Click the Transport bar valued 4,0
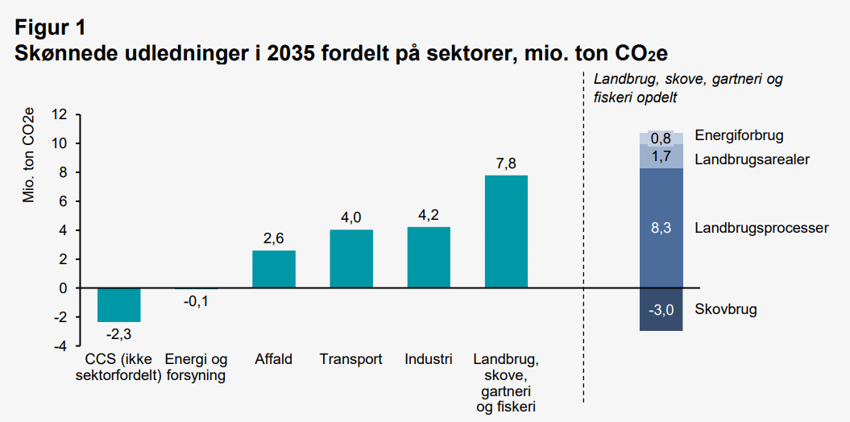tap(350, 259)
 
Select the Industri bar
tap(429, 257)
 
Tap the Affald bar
tap(274, 269)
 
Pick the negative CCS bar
tap(118, 304)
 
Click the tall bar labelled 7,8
tap(506, 231)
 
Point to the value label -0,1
tap(197, 301)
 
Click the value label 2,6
tap(274, 238)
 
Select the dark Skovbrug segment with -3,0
tap(661, 309)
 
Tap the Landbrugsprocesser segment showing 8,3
tap(661, 228)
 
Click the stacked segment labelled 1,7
tap(661, 156)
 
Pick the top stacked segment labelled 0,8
tap(661, 138)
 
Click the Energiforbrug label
tap(739, 136)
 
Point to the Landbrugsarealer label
tap(752, 159)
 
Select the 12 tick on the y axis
tap(60, 114)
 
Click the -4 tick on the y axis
tap(60, 346)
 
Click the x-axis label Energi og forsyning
tap(197, 366)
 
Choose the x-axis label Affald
tap(274, 359)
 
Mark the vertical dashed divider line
tap(583, 242)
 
